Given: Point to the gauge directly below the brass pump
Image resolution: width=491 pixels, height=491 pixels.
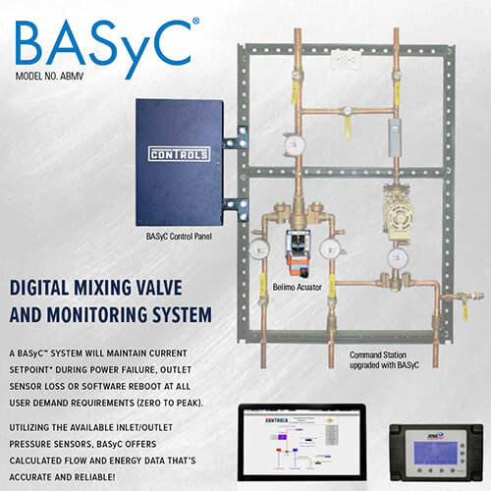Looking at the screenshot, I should [x=397, y=258].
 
